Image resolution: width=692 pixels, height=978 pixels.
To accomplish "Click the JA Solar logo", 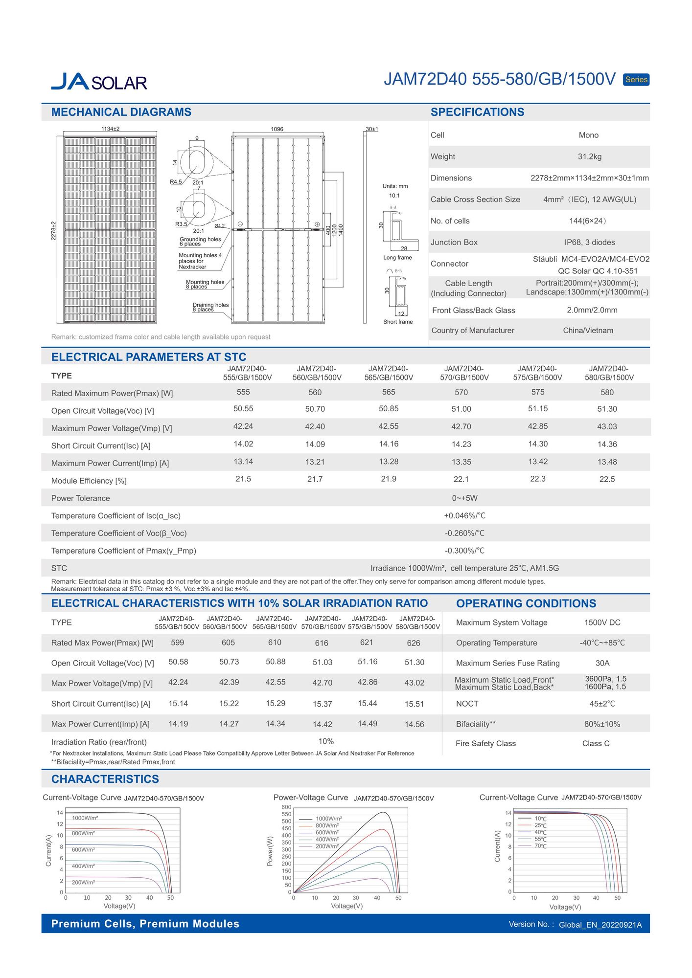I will pyautogui.click(x=99, y=82).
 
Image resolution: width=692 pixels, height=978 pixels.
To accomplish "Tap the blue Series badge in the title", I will pyautogui.click(x=636, y=80).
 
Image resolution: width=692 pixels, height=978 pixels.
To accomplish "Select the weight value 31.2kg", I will pyautogui.click(x=589, y=156).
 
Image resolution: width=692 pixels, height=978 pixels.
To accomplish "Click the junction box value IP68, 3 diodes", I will pyautogui.click(x=589, y=242).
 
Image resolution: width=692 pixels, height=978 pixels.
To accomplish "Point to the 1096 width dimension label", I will pyautogui.click(x=277, y=129).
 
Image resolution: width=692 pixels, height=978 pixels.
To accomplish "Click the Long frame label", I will pyautogui.click(x=397, y=258).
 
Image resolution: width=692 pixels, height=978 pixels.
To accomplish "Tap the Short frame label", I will pyautogui.click(x=398, y=322).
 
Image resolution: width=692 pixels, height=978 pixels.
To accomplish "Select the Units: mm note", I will pyautogui.click(x=395, y=186).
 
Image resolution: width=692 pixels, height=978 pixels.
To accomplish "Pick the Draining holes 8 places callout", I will pyautogui.click(x=210, y=307).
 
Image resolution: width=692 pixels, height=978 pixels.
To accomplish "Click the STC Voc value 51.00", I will pyautogui.click(x=461, y=409).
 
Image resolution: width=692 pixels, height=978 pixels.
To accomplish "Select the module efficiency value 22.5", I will pyautogui.click(x=607, y=479).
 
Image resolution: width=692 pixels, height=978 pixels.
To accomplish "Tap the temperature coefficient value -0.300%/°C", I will pyautogui.click(x=464, y=551).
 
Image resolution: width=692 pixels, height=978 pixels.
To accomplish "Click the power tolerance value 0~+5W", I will pyautogui.click(x=464, y=498).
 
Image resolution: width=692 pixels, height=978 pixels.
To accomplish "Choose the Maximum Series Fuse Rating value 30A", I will pyautogui.click(x=602, y=663).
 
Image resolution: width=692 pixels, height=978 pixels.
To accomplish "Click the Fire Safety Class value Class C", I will pyautogui.click(x=596, y=743).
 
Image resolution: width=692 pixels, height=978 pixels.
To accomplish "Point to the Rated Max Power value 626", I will pyautogui.click(x=414, y=643).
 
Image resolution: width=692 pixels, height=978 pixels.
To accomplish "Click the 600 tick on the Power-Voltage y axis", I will pyautogui.click(x=286, y=807).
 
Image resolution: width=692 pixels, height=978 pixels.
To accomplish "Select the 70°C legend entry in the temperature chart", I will pyautogui.click(x=540, y=846).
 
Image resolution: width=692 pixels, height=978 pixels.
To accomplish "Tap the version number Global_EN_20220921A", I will pyautogui.click(x=600, y=925).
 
